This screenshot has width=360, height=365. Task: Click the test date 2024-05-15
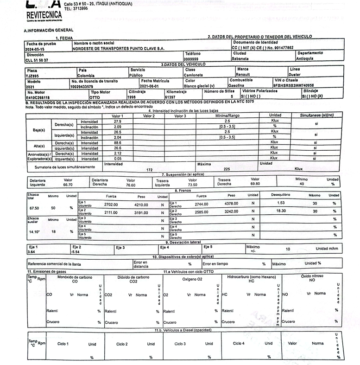click(35, 49)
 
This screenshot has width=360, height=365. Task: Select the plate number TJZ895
click(32, 75)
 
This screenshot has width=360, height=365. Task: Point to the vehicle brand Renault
click(244, 75)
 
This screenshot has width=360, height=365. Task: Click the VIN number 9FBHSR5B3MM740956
click(293, 85)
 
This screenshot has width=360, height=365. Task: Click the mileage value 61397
click(170, 97)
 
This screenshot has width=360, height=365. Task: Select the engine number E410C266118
click(38, 97)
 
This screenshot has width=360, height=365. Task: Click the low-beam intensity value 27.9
click(118, 121)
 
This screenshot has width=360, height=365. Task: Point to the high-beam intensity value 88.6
click(118, 143)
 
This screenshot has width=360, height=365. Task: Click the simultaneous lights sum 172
click(149, 170)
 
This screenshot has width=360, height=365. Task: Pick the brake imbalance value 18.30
click(281, 211)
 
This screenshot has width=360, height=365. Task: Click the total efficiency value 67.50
click(36, 208)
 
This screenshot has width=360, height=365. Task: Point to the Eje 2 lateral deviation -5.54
click(76, 252)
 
